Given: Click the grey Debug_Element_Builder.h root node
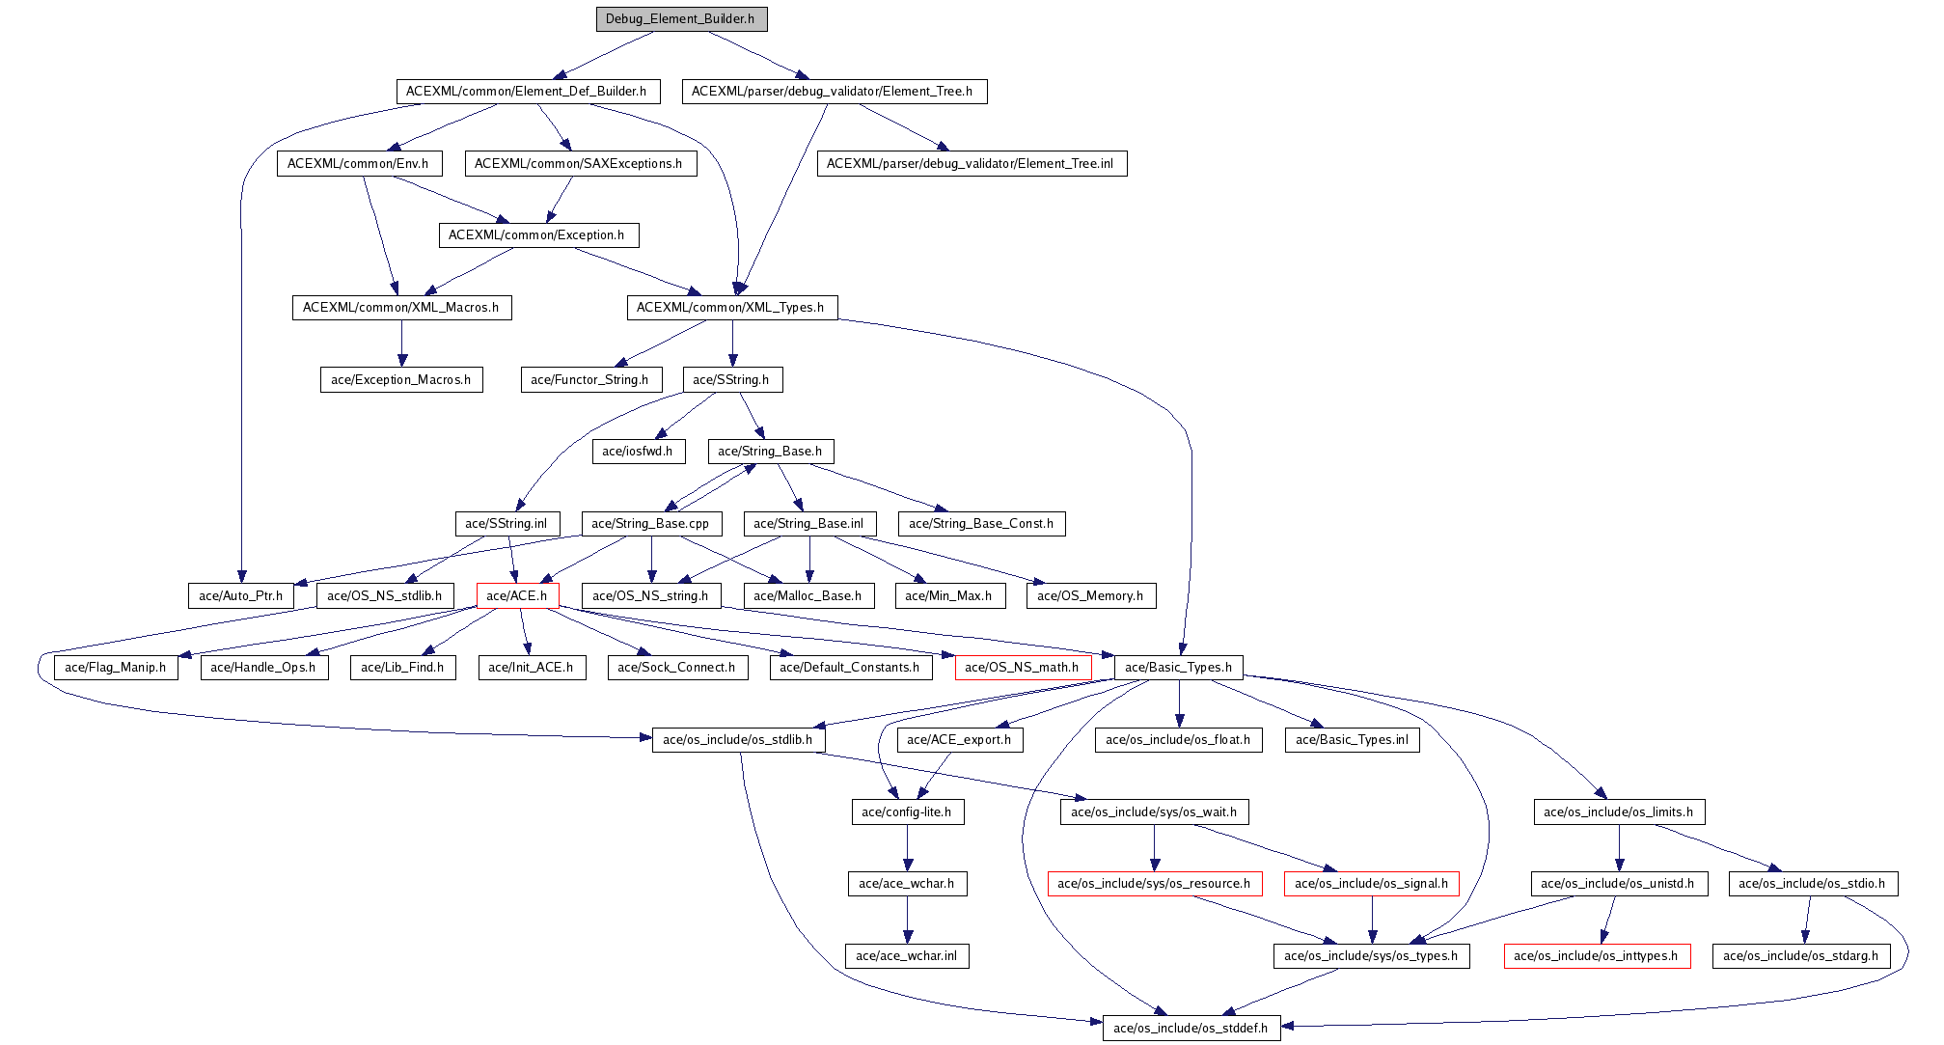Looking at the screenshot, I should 681,19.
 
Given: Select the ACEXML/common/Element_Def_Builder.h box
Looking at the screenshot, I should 527,92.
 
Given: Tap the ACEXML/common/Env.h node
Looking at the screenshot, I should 358,164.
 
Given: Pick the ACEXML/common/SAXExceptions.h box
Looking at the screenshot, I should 579,164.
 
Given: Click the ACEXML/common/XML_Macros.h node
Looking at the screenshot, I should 401,308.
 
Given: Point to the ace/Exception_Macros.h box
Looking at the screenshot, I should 401,380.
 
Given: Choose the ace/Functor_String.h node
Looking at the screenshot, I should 590,380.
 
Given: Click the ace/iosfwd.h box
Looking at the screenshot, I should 638,452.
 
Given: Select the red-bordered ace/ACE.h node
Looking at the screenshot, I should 517,596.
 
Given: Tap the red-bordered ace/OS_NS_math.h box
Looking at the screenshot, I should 1022,668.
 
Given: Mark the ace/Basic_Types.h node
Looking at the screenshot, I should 1178,668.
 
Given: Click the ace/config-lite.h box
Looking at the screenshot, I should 907,812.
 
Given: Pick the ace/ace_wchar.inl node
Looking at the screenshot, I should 907,956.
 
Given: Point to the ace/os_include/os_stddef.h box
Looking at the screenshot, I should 1191,1029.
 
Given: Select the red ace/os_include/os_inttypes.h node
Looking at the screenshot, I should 1597,956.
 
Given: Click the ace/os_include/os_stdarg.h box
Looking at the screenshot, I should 1801,956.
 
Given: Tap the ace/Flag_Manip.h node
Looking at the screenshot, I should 116,668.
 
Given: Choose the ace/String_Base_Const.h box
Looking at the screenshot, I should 982,524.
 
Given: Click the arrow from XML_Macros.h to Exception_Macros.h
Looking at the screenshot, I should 402,344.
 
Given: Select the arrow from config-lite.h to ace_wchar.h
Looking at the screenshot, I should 907,848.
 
